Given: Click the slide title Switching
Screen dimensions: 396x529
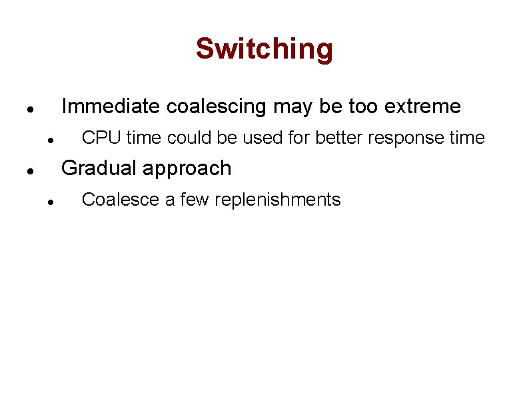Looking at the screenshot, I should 264,49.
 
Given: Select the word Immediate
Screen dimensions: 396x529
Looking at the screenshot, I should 110,106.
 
